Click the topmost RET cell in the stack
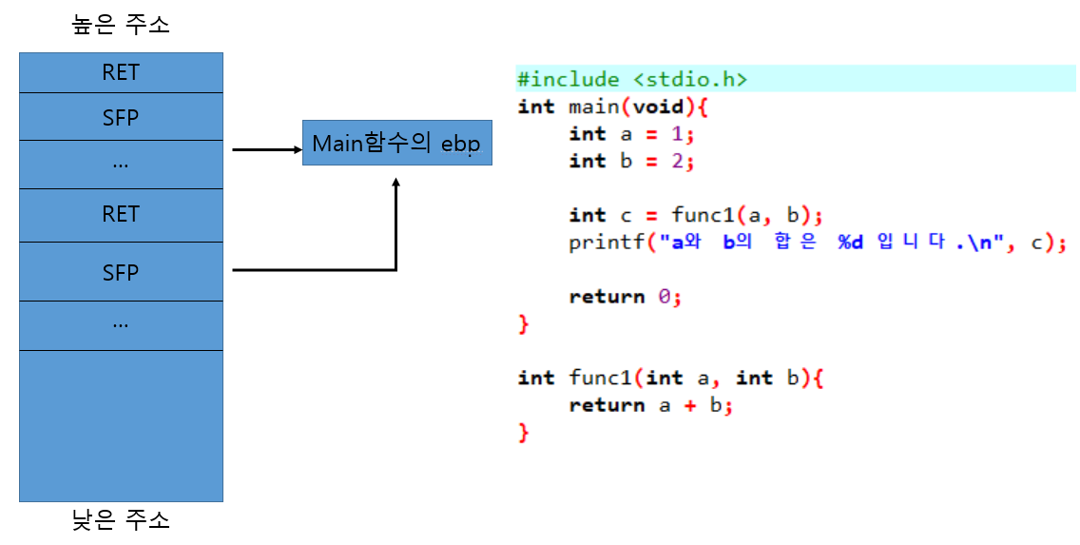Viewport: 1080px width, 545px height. [x=121, y=72]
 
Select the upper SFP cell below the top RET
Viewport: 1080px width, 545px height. [x=121, y=117]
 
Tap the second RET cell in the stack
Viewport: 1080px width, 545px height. [x=121, y=215]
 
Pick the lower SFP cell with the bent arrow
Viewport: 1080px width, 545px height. [x=121, y=273]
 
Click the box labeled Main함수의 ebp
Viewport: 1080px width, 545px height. [x=396, y=144]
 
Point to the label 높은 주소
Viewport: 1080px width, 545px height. [x=121, y=26]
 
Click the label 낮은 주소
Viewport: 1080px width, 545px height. [x=121, y=520]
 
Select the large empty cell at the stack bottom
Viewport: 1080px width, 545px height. [x=121, y=426]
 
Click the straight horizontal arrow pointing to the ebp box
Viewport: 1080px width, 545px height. [x=266, y=149]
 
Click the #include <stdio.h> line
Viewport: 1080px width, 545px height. [x=632, y=80]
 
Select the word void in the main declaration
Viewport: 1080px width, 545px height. [x=658, y=107]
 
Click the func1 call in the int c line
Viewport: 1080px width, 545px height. [x=698, y=216]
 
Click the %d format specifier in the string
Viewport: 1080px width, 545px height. [x=849, y=243]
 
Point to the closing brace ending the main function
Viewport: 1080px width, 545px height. [x=523, y=324]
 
